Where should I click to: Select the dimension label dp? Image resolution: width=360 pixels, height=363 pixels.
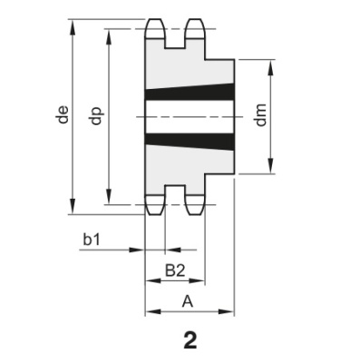click(98, 116)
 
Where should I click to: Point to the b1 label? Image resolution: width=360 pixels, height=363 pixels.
click(92, 240)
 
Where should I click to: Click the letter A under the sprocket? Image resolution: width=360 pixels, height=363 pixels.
click(188, 299)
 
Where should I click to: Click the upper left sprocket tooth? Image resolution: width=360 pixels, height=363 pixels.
click(155, 29)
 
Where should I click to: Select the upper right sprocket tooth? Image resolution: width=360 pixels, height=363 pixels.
click(194, 29)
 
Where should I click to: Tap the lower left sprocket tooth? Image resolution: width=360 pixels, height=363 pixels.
click(155, 203)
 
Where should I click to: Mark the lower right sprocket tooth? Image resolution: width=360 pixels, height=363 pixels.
click(194, 203)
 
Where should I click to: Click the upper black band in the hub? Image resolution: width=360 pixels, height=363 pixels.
click(190, 93)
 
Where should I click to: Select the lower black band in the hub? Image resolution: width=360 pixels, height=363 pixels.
click(190, 140)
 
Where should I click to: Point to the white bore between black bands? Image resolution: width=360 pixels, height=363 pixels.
click(190, 116)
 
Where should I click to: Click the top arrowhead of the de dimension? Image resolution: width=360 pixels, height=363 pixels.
click(72, 21)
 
